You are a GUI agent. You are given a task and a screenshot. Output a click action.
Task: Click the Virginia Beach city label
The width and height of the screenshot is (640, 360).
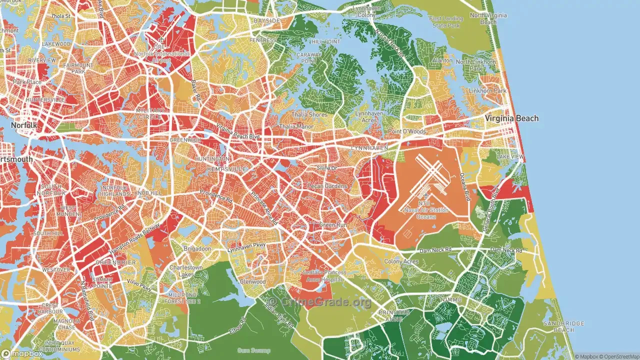[x=511, y=118]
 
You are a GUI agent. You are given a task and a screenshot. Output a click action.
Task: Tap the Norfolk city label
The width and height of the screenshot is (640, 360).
[x=23, y=125]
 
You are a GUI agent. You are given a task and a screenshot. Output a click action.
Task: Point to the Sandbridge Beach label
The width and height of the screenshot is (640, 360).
[x=563, y=326]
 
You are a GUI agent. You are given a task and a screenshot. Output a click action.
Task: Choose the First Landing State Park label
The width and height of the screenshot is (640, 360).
[x=446, y=22]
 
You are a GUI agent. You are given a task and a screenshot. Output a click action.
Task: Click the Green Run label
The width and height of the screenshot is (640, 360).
[x=333, y=225]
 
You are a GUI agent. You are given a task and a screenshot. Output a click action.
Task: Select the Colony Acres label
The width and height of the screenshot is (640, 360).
[x=401, y=261]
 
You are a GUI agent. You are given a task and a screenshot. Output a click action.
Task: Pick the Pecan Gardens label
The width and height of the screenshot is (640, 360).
[x=327, y=186]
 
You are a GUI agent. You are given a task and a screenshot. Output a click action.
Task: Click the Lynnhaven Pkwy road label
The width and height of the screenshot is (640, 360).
[x=247, y=247]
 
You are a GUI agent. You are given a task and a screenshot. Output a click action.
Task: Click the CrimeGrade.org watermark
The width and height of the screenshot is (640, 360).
[x=319, y=302]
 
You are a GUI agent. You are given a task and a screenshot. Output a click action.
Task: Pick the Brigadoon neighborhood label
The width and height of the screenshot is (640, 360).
[x=196, y=248]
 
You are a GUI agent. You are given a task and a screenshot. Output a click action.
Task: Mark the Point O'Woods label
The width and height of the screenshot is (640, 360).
[x=407, y=131]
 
